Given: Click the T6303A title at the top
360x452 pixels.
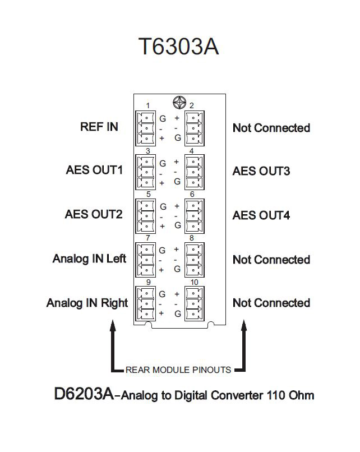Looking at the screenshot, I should (178, 48).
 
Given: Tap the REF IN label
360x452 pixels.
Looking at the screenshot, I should (99, 127).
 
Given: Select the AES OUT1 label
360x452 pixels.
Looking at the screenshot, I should (94, 170).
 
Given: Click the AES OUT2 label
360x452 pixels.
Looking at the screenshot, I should (94, 214).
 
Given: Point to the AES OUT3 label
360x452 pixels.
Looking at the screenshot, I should (261, 171).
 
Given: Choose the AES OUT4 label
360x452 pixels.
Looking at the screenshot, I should (261, 215).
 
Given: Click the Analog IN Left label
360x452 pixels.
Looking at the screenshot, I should (90, 259).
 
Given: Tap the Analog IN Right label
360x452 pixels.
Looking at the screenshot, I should (87, 303).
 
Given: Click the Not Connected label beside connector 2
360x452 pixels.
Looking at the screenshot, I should (271, 128).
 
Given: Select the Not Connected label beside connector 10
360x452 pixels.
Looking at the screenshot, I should (271, 303).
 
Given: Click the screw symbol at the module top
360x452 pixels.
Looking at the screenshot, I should (179, 103).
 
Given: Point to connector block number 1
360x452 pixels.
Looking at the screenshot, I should (146, 127).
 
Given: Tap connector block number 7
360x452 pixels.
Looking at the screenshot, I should (146, 260).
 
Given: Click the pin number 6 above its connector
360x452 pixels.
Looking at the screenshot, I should (192, 195).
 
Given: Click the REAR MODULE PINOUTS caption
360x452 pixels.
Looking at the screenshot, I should (178, 370).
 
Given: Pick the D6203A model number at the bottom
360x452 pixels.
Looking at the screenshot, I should (84, 394).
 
